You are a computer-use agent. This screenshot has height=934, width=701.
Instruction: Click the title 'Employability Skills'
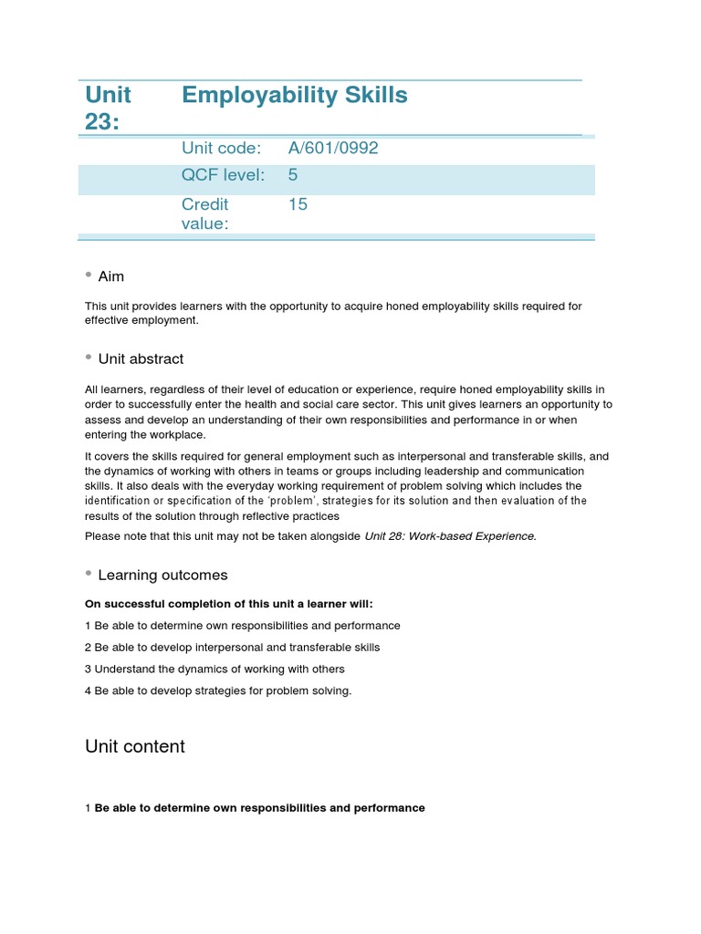[x=294, y=96]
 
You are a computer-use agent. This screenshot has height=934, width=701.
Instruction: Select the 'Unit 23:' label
[x=109, y=108]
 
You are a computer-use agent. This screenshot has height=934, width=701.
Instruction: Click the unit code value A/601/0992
[x=333, y=149]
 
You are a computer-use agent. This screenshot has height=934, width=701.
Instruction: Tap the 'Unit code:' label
[x=221, y=149]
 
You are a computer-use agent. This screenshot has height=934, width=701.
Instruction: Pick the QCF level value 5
[x=293, y=176]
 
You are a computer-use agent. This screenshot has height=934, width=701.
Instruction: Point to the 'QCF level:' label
[x=223, y=176]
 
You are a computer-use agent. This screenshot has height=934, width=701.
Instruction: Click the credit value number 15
[x=298, y=204]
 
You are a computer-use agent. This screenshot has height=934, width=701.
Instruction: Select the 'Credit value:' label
[x=205, y=213]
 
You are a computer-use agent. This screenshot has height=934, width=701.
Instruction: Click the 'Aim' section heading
[x=110, y=276]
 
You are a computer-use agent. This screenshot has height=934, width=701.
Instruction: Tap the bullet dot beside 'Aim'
[x=89, y=274]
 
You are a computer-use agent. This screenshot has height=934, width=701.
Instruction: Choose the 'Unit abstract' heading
[x=141, y=359]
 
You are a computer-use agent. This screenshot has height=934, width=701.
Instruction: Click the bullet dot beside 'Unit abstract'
[x=89, y=357]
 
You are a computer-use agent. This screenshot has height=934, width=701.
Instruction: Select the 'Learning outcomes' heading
[x=162, y=576]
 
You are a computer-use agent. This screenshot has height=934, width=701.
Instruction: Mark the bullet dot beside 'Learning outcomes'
[x=89, y=573]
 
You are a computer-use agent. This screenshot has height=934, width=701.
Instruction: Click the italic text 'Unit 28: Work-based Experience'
[x=449, y=536]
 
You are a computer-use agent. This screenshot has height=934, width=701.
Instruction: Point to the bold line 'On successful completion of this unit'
[x=229, y=604]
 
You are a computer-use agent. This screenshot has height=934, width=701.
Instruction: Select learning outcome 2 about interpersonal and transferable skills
[x=232, y=648]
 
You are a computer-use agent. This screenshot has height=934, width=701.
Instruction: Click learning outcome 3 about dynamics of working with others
[x=214, y=669]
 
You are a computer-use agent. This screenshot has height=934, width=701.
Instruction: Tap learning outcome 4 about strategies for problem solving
[x=217, y=691]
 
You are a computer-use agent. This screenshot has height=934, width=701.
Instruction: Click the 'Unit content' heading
[x=135, y=747]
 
